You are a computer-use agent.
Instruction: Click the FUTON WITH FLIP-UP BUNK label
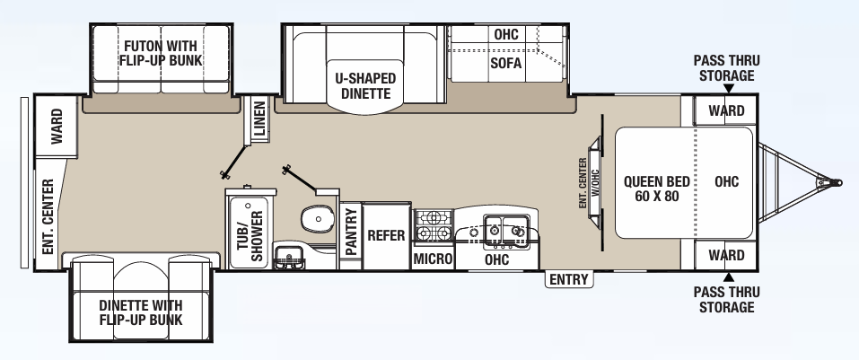(161, 51)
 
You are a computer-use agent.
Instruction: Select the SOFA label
(506, 64)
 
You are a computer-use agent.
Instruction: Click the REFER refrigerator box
(388, 236)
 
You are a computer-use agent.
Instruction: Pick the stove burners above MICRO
(434, 226)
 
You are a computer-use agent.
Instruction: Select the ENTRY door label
(569, 280)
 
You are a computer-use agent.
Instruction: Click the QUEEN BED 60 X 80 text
(653, 188)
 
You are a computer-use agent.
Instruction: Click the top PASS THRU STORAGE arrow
(727, 88)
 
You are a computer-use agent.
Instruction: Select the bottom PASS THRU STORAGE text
(727, 300)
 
